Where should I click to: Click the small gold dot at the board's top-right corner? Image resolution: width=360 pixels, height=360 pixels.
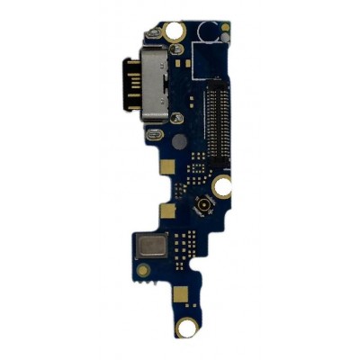tap(226, 27)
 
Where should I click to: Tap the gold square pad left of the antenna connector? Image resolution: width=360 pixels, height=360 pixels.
tap(166, 211)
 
